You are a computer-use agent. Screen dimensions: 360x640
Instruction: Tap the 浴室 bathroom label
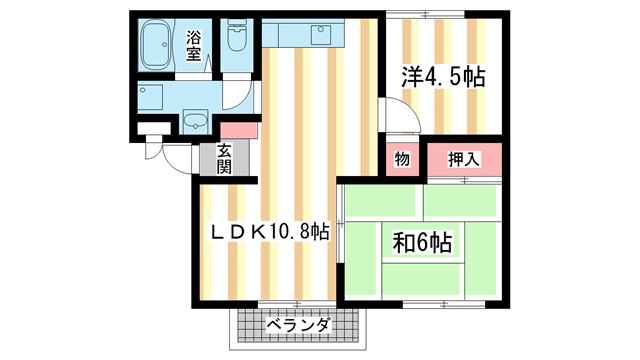[x=193, y=45]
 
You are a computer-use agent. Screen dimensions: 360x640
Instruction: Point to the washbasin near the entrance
[x=194, y=123]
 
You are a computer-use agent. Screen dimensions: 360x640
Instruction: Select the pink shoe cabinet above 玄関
[x=239, y=130]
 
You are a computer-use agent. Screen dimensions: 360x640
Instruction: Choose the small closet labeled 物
[x=400, y=159]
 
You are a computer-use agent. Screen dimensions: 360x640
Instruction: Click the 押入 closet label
[x=463, y=158]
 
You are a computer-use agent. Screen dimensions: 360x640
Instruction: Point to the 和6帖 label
[x=421, y=242]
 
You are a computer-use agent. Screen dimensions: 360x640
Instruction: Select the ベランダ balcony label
[x=297, y=325]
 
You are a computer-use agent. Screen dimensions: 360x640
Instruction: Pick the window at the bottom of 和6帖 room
[x=441, y=301]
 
